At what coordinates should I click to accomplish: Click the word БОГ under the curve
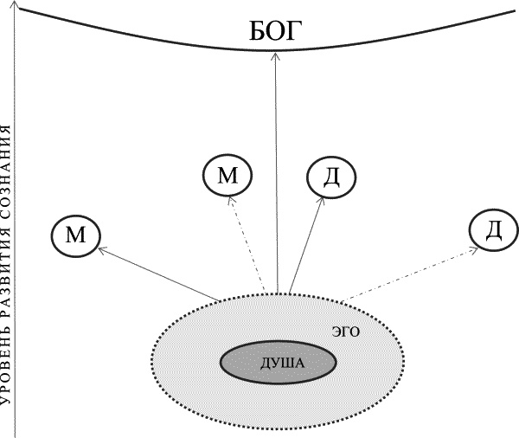coord(277,35)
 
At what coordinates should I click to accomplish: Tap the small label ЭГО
coord(345,330)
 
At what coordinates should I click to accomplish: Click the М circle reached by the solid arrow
coord(74,234)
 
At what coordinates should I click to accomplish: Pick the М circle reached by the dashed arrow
coord(227,176)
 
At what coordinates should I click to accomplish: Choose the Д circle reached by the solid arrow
coord(332,177)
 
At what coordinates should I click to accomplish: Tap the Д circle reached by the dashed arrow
coord(493,230)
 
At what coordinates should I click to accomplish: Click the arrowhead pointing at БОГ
coord(276,55)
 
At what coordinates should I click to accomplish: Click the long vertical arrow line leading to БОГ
coord(276,173)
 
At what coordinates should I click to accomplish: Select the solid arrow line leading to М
coord(160,274)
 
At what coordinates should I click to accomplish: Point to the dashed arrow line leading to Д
coord(407,274)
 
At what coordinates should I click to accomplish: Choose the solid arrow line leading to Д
coord(306,246)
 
